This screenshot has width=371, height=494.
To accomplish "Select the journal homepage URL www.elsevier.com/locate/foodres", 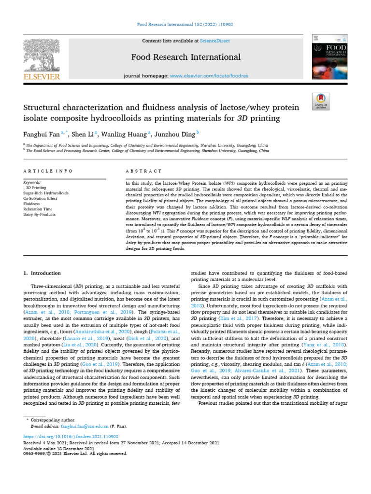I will coord(209,76).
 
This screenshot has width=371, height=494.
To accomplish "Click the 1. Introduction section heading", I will coord(43,273).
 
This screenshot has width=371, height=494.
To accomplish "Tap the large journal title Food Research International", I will coord(185,57).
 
